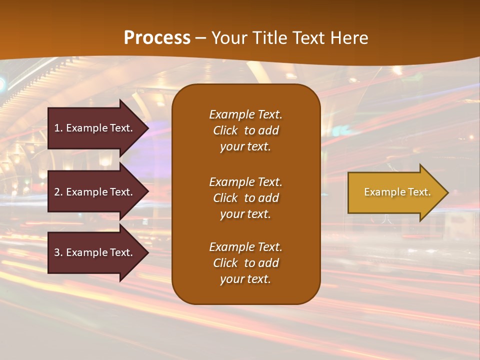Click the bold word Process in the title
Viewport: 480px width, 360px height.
click(x=157, y=38)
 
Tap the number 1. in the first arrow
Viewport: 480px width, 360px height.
click(x=58, y=128)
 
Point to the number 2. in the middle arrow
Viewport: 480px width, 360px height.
click(x=58, y=192)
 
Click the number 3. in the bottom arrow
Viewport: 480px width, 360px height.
click(x=58, y=252)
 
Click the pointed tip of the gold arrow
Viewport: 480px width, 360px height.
click(x=446, y=192)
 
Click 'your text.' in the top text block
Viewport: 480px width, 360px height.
click(x=245, y=147)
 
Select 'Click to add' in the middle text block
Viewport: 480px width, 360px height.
click(x=245, y=198)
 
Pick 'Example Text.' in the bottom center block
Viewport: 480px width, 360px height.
click(x=245, y=247)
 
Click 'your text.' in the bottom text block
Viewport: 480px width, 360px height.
click(x=245, y=279)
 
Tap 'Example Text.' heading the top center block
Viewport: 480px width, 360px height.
click(x=245, y=114)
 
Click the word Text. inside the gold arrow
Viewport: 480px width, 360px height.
click(x=419, y=192)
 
